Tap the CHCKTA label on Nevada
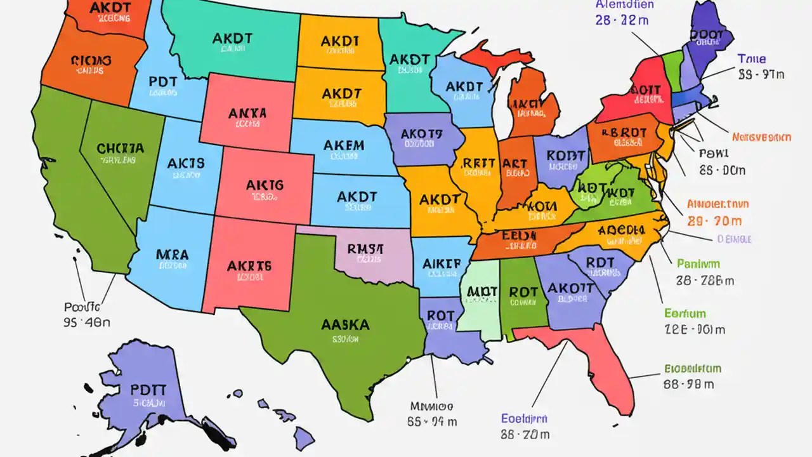121,149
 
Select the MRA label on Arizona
172,255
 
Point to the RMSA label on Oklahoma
365,249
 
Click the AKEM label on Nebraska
344,145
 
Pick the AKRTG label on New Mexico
249,266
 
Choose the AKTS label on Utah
186,163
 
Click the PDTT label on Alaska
148,388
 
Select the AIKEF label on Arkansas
442,263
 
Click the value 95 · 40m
87,322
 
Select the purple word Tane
752,59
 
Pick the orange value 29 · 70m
714,222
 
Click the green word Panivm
698,263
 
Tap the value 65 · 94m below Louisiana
431,421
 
